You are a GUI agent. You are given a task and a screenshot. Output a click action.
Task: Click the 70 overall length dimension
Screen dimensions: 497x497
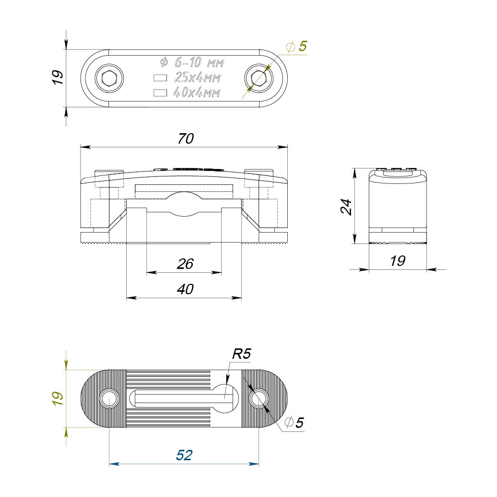[185, 139]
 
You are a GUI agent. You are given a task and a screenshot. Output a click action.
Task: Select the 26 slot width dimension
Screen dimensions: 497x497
[185, 264]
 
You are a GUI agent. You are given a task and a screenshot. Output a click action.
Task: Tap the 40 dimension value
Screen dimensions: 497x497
[185, 289]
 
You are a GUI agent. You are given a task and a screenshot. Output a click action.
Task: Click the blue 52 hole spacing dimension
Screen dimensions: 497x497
[184, 455]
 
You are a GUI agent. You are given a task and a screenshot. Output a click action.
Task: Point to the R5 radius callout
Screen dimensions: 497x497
[242, 354]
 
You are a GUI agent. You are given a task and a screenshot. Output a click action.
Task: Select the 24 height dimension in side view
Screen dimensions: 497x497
[346, 206]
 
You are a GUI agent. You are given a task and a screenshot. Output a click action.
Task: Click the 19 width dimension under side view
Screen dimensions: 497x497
[398, 261]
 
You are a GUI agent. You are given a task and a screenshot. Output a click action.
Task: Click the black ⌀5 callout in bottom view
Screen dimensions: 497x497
[293, 423]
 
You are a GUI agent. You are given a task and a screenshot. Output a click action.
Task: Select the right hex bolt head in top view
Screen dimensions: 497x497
[258, 78]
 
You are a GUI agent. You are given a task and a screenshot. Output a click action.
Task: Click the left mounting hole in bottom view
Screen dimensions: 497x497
[109, 399]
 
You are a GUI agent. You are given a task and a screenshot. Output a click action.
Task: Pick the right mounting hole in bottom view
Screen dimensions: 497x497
[258, 399]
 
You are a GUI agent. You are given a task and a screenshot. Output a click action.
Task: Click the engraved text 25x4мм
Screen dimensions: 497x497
[197, 78]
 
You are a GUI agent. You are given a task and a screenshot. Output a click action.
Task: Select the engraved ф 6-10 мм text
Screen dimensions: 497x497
[192, 63]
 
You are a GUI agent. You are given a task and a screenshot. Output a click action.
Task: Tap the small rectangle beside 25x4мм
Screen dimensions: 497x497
[160, 78]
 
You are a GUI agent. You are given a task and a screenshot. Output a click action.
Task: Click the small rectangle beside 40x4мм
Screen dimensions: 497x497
[160, 92]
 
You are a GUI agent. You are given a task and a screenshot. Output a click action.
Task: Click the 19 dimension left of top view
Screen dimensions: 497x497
[58, 78]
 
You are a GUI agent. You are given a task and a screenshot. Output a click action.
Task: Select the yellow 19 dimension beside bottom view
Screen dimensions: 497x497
[58, 398]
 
